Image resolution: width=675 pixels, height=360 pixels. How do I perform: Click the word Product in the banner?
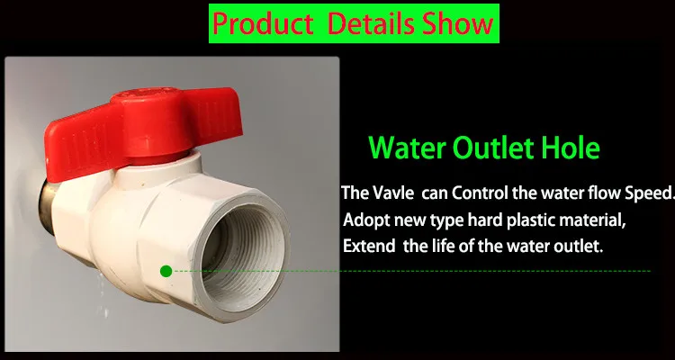[263, 23]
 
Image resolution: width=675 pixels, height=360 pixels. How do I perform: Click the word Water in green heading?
[407, 148]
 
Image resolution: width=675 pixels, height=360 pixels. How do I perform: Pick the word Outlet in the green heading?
[493, 148]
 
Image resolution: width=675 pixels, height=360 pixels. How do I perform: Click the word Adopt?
[366, 220]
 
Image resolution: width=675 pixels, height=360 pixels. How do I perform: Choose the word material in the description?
[591, 220]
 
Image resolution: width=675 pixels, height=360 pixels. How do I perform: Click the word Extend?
[368, 247]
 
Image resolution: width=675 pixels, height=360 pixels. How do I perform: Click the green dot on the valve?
[166, 271]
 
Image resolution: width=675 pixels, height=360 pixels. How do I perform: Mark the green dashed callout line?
[411, 271]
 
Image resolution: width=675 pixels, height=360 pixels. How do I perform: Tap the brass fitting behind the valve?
[48, 207]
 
